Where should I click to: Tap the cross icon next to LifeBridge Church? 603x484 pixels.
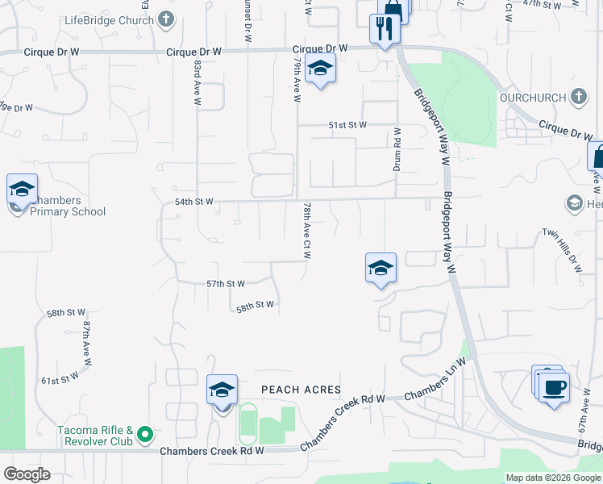click(165, 19)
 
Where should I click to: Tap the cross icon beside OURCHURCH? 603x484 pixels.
click(577, 97)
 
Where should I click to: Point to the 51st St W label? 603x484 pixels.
click(347, 125)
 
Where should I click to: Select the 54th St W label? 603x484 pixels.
click(193, 202)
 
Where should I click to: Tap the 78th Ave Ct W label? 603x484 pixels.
click(307, 231)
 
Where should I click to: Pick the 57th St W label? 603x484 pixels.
click(225, 284)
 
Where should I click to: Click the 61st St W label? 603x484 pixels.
click(60, 377)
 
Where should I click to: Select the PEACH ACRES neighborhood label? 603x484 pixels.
click(301, 390)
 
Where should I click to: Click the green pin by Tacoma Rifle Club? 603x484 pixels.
click(145, 436)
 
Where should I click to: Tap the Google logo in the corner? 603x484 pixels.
click(27, 474)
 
